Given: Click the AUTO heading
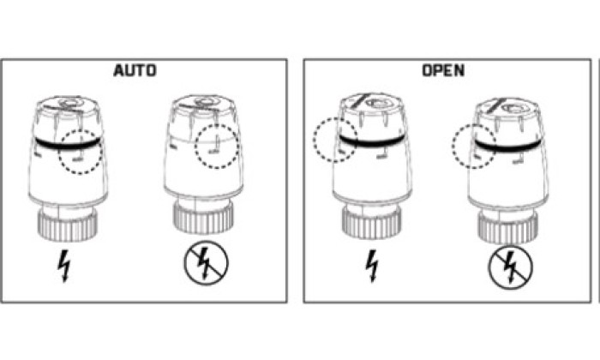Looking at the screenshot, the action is (135, 71).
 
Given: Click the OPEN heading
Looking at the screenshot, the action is (443, 70).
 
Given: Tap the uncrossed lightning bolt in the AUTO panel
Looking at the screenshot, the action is (64, 267).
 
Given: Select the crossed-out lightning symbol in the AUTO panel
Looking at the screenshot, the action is (206, 263).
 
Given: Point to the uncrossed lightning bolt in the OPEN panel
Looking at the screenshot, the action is (372, 266).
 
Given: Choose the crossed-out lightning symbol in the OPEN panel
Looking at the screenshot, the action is (510, 267).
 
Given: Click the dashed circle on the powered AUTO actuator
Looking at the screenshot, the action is (81, 130).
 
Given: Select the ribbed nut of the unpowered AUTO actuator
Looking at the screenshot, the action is (203, 219).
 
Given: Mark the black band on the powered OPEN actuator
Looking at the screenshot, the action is (371, 142).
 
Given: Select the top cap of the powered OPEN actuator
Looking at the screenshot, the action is (371, 104).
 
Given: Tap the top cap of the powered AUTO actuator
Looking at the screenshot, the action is (69, 106).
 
